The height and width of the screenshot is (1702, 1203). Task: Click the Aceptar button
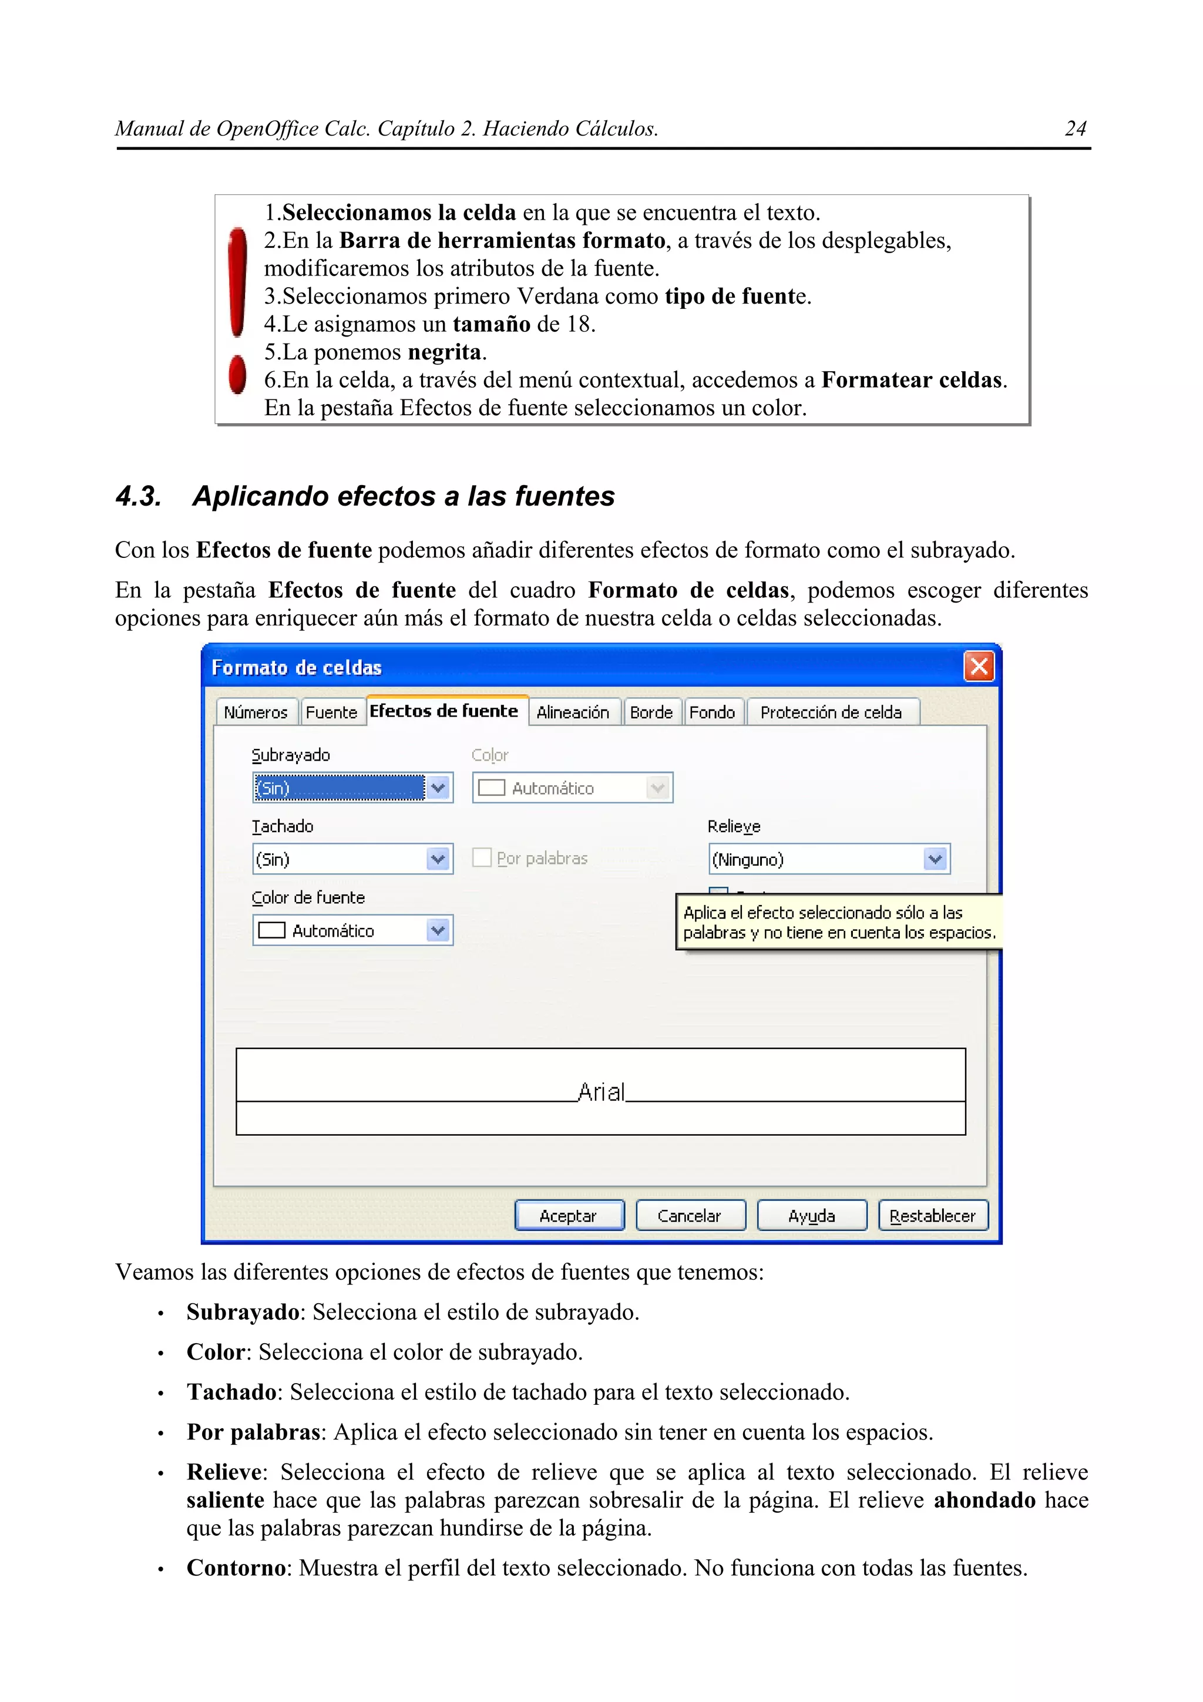click(x=569, y=1216)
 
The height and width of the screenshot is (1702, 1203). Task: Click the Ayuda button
click(x=812, y=1216)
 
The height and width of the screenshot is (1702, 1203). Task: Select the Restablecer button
click(x=932, y=1216)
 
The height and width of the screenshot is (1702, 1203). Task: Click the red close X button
click(x=979, y=667)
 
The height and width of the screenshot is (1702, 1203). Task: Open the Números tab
click(x=256, y=712)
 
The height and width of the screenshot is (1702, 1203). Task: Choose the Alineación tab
click(x=572, y=712)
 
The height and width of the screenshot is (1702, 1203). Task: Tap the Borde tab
click(x=651, y=712)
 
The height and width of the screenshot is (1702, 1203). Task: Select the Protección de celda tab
click(x=831, y=712)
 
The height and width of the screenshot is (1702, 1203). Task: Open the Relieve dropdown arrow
click(x=935, y=859)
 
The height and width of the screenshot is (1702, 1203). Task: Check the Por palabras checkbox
click(x=482, y=857)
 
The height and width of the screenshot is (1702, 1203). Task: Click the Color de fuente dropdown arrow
click(x=438, y=930)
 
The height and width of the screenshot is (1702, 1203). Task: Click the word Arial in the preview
click(x=601, y=1092)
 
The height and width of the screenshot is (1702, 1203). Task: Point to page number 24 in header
click(x=1075, y=129)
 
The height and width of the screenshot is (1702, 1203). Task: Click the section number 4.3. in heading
click(x=139, y=496)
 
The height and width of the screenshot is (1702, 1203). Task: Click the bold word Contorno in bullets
click(x=236, y=1568)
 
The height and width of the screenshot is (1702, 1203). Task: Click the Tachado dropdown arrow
click(x=438, y=859)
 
